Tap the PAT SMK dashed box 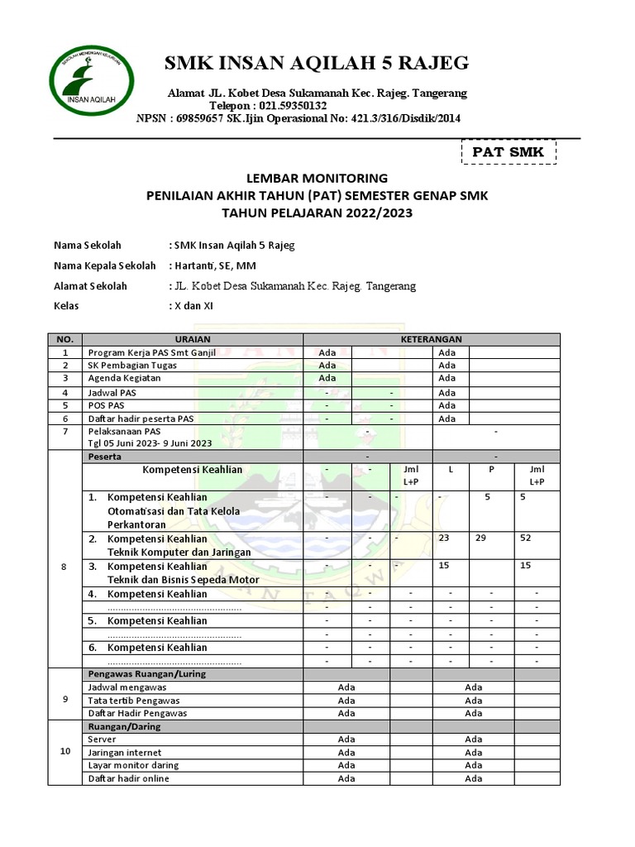point(508,152)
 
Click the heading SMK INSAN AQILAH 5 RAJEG point(317,63)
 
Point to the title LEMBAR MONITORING point(317,178)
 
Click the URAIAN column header point(192,339)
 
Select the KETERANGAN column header point(431,339)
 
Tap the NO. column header point(65,339)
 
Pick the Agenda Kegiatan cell point(124,379)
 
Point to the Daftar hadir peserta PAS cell point(141,419)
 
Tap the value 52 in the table point(526,538)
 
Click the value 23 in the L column point(446,538)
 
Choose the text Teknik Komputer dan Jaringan point(177,552)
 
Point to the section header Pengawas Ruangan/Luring point(147,673)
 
